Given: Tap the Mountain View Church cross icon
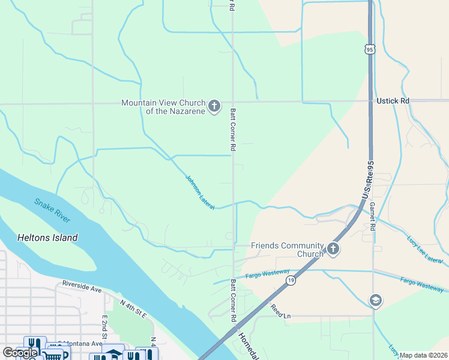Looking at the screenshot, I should point(214,107).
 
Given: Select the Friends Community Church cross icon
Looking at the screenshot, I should point(333,249).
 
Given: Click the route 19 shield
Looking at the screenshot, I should point(291,280).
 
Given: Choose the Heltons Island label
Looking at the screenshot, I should point(48,238).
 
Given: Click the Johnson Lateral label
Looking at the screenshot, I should point(200,192).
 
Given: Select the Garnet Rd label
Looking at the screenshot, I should point(373,215).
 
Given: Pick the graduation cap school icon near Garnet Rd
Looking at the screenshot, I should point(376,300).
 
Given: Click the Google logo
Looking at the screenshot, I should point(20,353).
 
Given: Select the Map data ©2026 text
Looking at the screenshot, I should point(423,355).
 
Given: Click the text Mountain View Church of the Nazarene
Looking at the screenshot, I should point(163,107).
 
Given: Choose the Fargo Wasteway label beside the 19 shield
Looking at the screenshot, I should point(267,274).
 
